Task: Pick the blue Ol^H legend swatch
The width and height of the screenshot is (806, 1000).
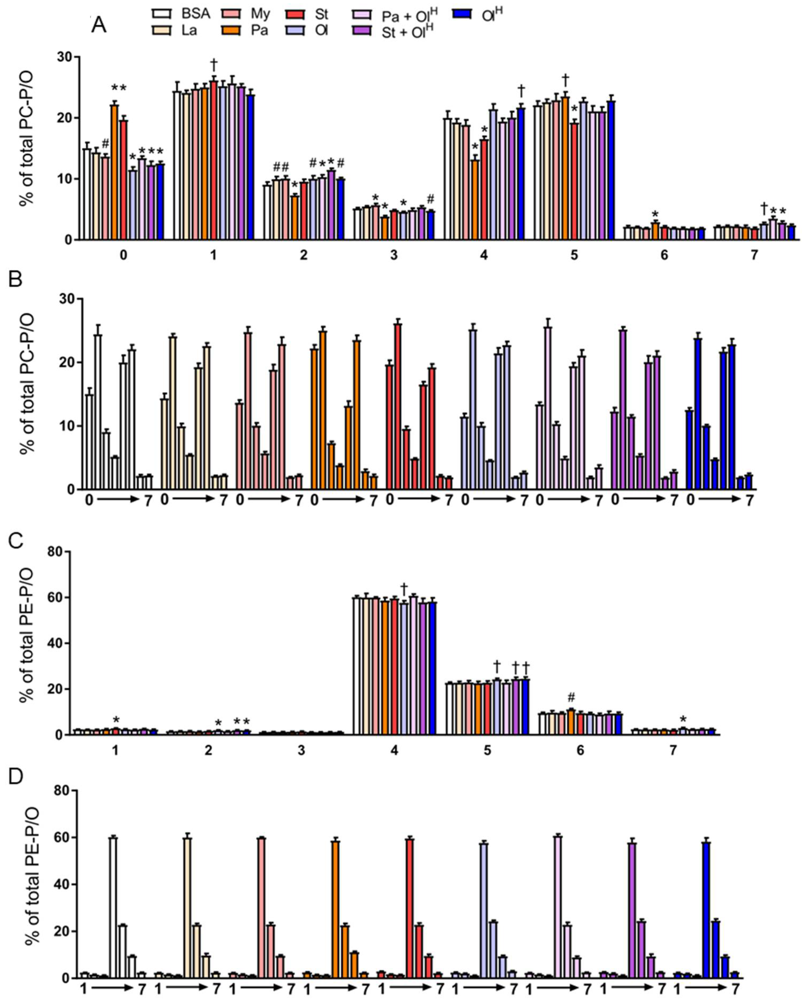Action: (x=463, y=14)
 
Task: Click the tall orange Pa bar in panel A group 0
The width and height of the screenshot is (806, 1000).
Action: (x=114, y=172)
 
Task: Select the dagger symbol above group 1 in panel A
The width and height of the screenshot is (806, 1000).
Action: (x=214, y=64)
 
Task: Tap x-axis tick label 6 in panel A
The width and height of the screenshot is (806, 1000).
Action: (x=664, y=255)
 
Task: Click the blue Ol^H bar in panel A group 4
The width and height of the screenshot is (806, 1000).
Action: (x=520, y=174)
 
